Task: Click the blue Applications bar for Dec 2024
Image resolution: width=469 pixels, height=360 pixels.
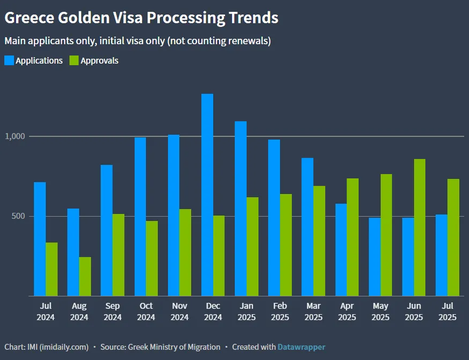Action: point(207,195)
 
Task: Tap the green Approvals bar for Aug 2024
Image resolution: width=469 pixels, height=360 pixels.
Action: point(85,276)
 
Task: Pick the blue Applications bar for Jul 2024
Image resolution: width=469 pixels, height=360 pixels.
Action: point(40,239)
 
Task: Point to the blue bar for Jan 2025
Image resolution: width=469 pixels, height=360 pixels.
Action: point(241,209)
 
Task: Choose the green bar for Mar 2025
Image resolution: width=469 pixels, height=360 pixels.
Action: point(319,241)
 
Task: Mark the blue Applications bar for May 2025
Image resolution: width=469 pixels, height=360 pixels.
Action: point(375,257)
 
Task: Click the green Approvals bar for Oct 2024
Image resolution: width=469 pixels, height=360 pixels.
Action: point(152,259)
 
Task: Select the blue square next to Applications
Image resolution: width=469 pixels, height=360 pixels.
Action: point(9,60)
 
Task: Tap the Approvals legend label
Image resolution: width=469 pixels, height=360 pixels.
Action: point(100,60)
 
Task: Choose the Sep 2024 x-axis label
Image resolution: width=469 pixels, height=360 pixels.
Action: point(113,311)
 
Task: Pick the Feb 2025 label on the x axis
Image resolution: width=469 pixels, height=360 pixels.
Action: point(280,311)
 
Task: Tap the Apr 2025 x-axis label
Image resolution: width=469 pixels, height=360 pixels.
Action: point(347,311)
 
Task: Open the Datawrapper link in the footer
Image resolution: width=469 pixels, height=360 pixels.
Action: point(302,347)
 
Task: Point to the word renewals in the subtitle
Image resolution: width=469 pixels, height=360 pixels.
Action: point(246,41)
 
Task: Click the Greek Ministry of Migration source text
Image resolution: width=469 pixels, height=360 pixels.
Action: point(174,347)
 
